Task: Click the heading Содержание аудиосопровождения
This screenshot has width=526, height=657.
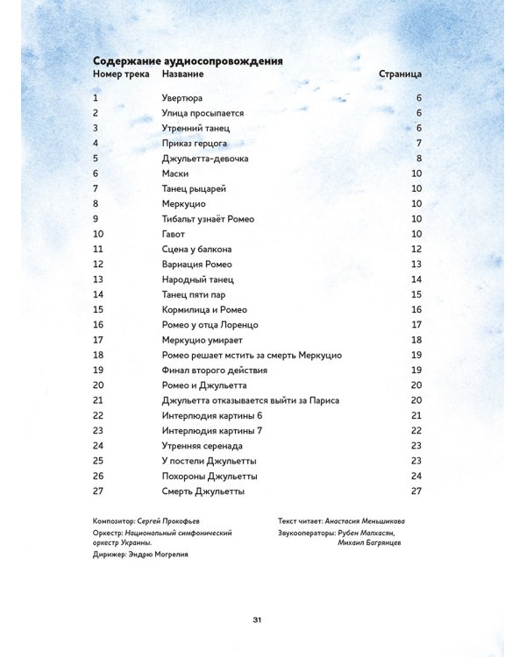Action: tap(187, 61)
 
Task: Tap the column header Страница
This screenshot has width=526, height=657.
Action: tap(400, 75)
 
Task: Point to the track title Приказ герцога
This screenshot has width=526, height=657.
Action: tap(195, 144)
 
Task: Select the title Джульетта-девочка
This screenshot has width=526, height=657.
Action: tap(205, 159)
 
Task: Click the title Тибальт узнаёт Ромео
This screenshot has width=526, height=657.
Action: tap(208, 219)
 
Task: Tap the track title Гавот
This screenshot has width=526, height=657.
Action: tap(175, 234)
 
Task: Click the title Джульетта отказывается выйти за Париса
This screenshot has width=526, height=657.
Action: tap(251, 400)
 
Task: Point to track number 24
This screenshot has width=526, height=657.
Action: tap(98, 446)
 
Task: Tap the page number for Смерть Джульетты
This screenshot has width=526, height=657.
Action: tap(416, 491)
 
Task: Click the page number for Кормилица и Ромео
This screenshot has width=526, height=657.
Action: tap(416, 309)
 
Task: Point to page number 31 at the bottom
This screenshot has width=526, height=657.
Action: tap(258, 620)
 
